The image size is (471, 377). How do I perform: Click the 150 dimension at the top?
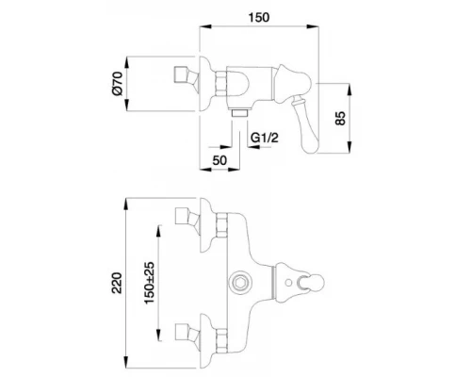259,18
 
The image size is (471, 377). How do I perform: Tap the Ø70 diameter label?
117,84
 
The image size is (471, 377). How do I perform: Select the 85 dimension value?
340,118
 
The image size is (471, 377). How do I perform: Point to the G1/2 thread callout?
265,138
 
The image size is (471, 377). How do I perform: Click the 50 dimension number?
219,160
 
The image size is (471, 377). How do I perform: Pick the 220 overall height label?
117,283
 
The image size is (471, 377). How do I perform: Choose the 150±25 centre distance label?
150,283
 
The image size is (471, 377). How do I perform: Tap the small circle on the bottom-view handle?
288,283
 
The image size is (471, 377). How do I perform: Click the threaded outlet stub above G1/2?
240,112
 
